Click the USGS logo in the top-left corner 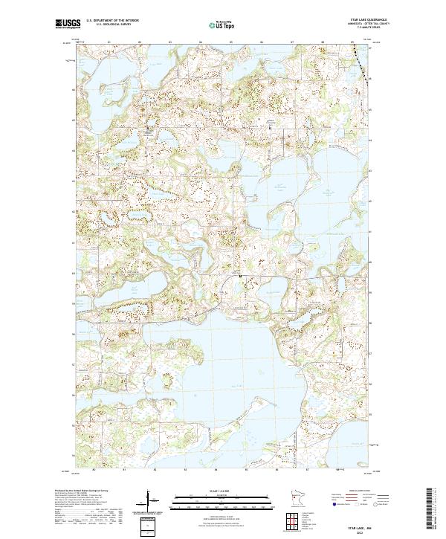click(x=65, y=25)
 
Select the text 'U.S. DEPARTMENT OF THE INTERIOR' click(x=111, y=21)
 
